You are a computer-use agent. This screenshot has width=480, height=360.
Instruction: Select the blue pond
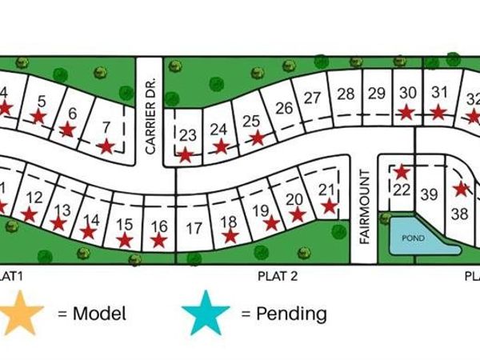(414, 238)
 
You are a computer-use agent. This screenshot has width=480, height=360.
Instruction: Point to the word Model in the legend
(99, 313)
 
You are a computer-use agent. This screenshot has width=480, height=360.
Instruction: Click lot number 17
(194, 228)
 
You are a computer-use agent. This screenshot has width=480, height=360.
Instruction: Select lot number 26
(284, 108)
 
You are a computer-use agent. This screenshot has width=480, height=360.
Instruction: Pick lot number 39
(430, 194)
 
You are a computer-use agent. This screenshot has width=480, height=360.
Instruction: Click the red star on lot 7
(106, 146)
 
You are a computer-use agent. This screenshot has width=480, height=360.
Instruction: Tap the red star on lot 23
(186, 155)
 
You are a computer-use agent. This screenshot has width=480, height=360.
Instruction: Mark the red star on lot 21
(329, 206)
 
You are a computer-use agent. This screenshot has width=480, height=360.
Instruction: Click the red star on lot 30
(407, 113)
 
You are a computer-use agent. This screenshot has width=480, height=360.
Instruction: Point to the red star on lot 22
(402, 172)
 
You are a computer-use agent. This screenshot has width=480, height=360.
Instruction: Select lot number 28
(346, 94)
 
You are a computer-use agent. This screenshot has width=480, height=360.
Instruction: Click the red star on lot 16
(159, 240)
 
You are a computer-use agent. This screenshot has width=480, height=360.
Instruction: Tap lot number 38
(459, 214)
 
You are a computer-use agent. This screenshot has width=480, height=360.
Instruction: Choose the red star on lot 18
(230, 236)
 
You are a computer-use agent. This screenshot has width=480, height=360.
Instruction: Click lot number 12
(34, 198)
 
